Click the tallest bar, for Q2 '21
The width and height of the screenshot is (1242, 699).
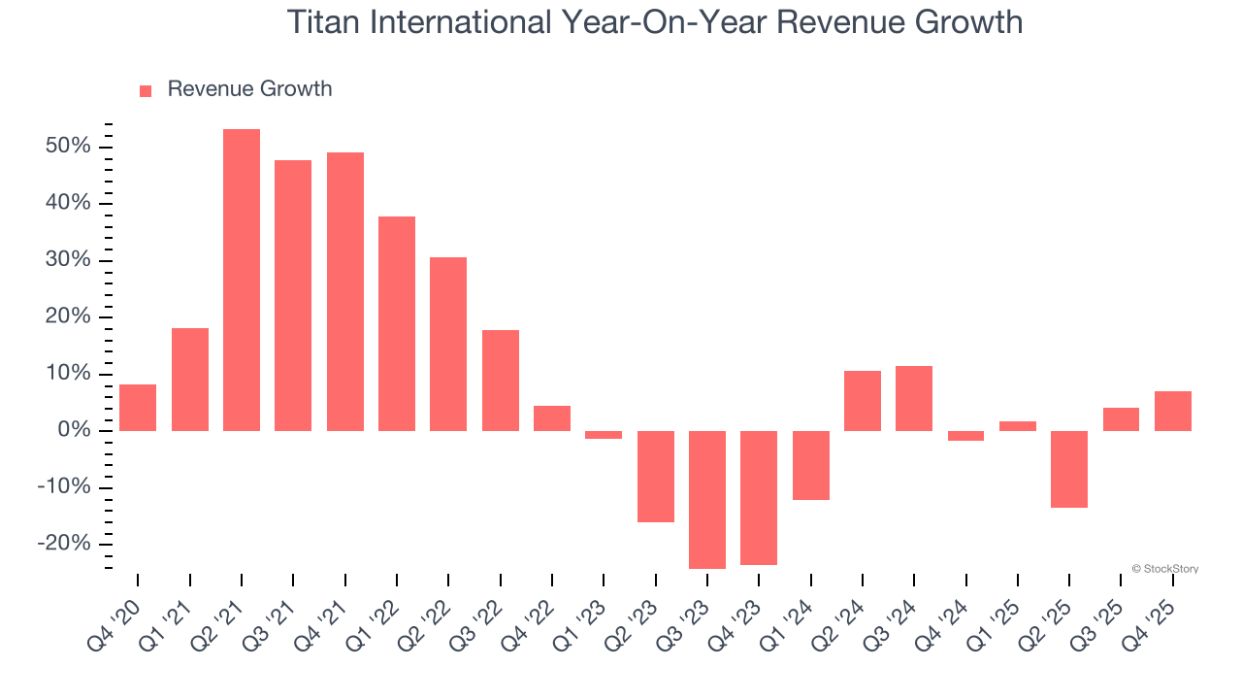tap(242, 280)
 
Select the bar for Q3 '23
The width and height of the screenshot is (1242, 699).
tap(707, 499)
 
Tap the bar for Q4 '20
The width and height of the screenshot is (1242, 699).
tap(138, 408)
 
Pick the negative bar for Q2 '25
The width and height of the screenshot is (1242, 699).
tap(1069, 469)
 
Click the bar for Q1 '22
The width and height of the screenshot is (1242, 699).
tap(397, 323)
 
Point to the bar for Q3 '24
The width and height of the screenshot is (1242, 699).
tap(914, 398)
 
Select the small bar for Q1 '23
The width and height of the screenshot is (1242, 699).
tap(604, 435)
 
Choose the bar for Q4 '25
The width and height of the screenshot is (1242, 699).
tap(1173, 411)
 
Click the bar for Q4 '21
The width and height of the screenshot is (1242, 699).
tap(345, 291)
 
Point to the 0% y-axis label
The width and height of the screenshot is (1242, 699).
tap(76, 430)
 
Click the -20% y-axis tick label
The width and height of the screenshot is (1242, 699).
tap(64, 544)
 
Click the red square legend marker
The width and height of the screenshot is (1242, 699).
tap(146, 90)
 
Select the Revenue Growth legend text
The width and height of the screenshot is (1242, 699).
tap(249, 89)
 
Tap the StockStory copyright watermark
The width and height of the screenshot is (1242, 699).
tap(1164, 569)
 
